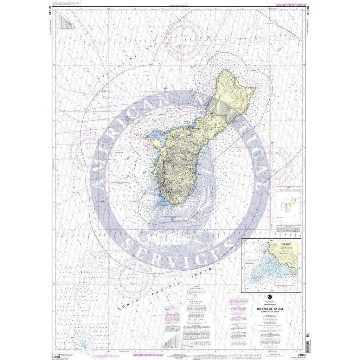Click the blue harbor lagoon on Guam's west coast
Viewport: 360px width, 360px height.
[x=155, y=135]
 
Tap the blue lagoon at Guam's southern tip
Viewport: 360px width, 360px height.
[x=162, y=201]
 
